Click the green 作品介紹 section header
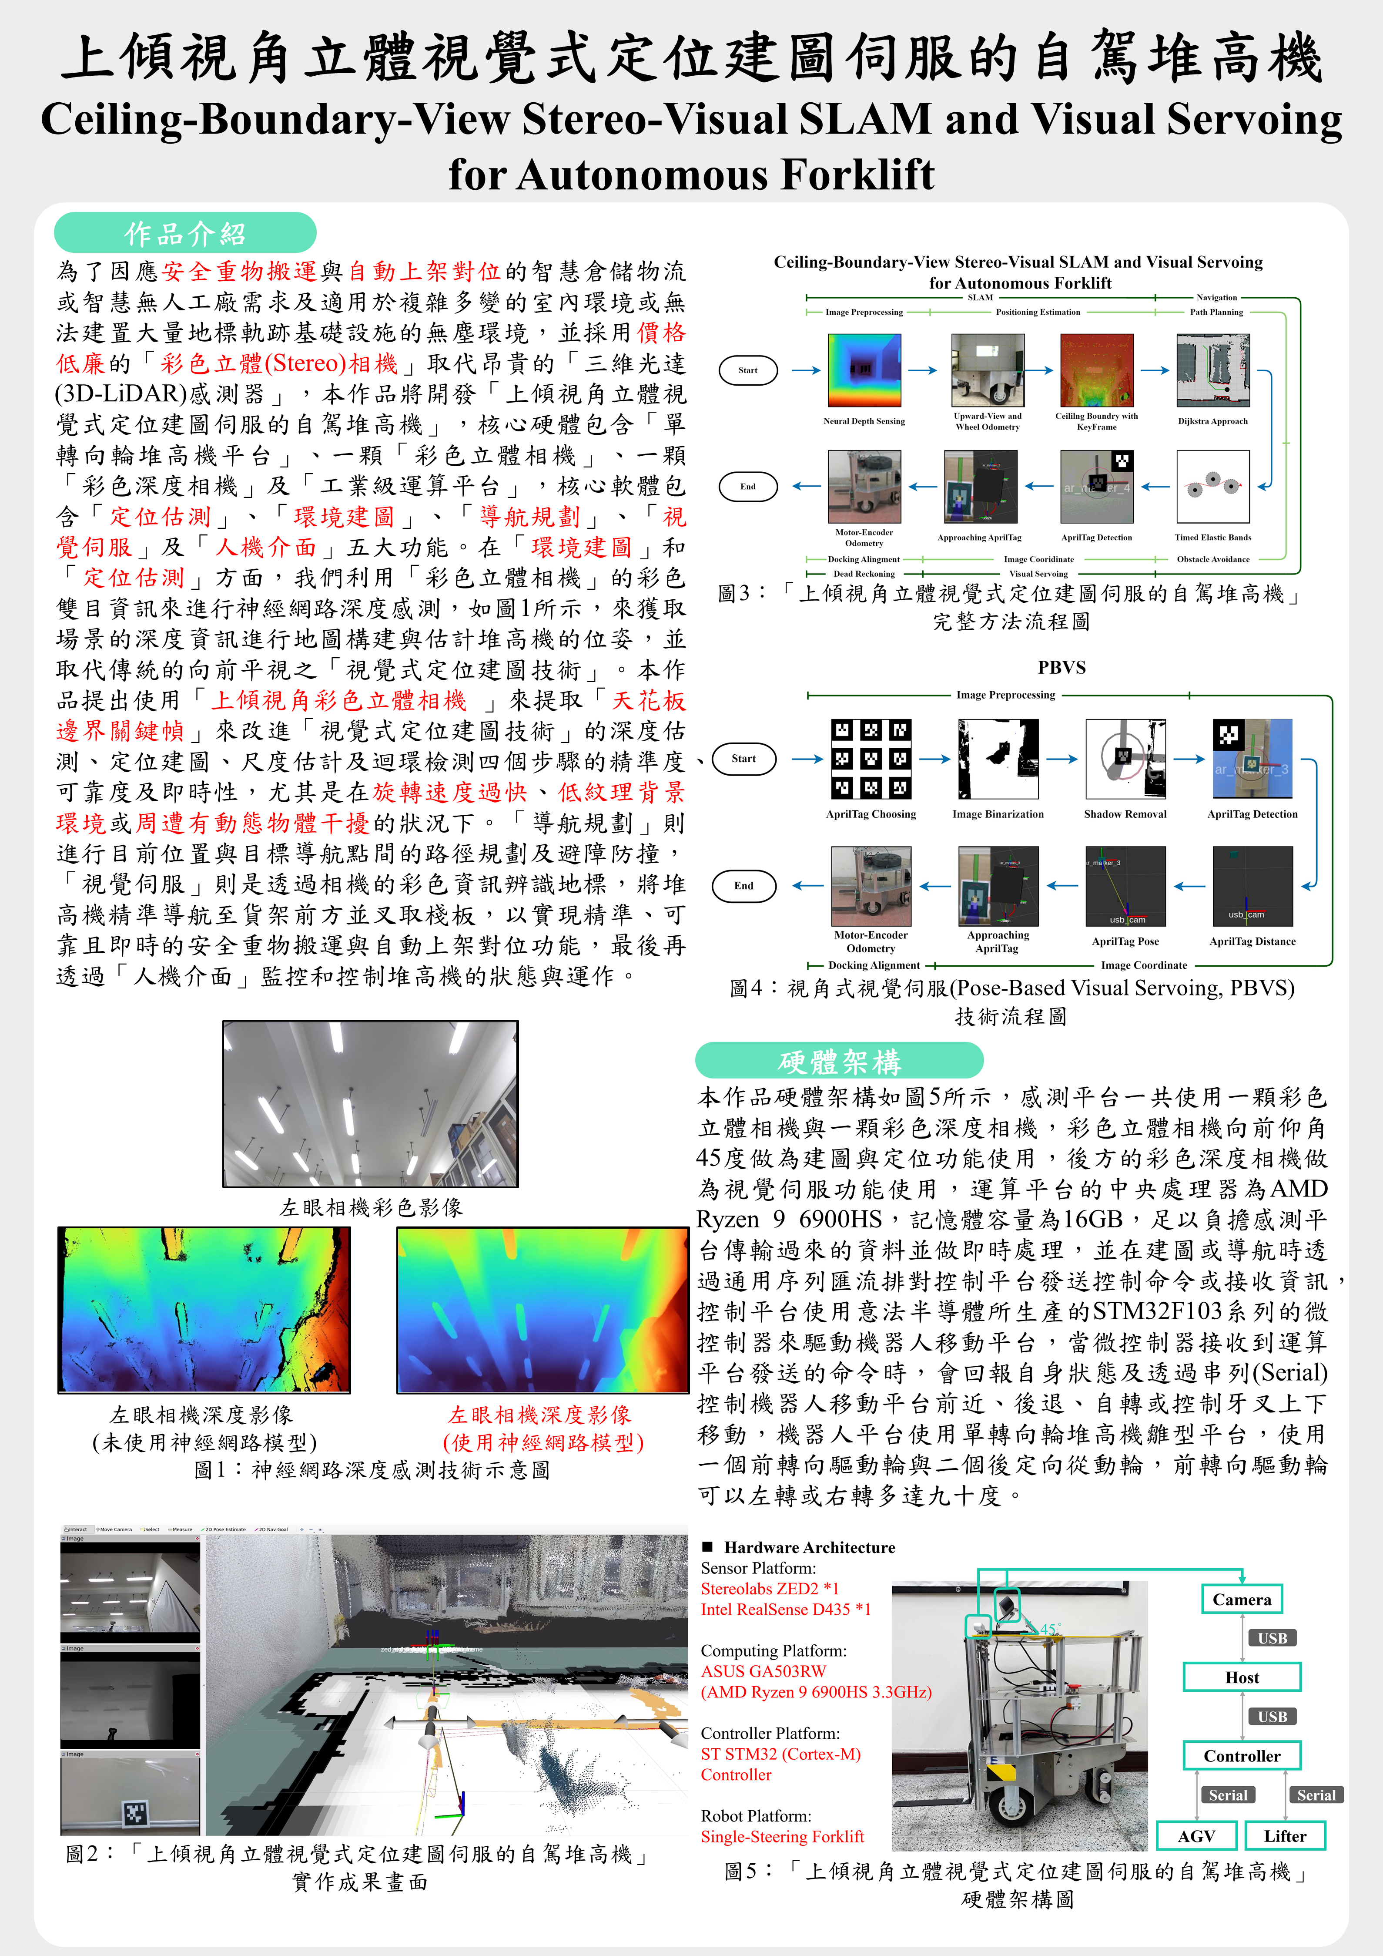coord(185,232)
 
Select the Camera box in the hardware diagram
coord(1242,1599)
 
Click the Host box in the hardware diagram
coord(1242,1677)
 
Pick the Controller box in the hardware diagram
coord(1242,1755)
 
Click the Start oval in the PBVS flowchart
coord(743,758)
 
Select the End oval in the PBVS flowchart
coord(743,885)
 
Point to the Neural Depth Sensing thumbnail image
coord(864,370)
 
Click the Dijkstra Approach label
coord(1212,421)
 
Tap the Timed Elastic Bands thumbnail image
coord(1212,487)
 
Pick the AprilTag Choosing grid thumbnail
coord(871,758)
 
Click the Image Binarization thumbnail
coord(998,758)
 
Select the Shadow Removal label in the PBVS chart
coord(1125,813)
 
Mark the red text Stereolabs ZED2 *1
coord(770,1588)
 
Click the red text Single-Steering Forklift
coord(782,1836)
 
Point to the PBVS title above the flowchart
coord(1061,667)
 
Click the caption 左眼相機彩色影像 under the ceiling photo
coord(371,1207)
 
